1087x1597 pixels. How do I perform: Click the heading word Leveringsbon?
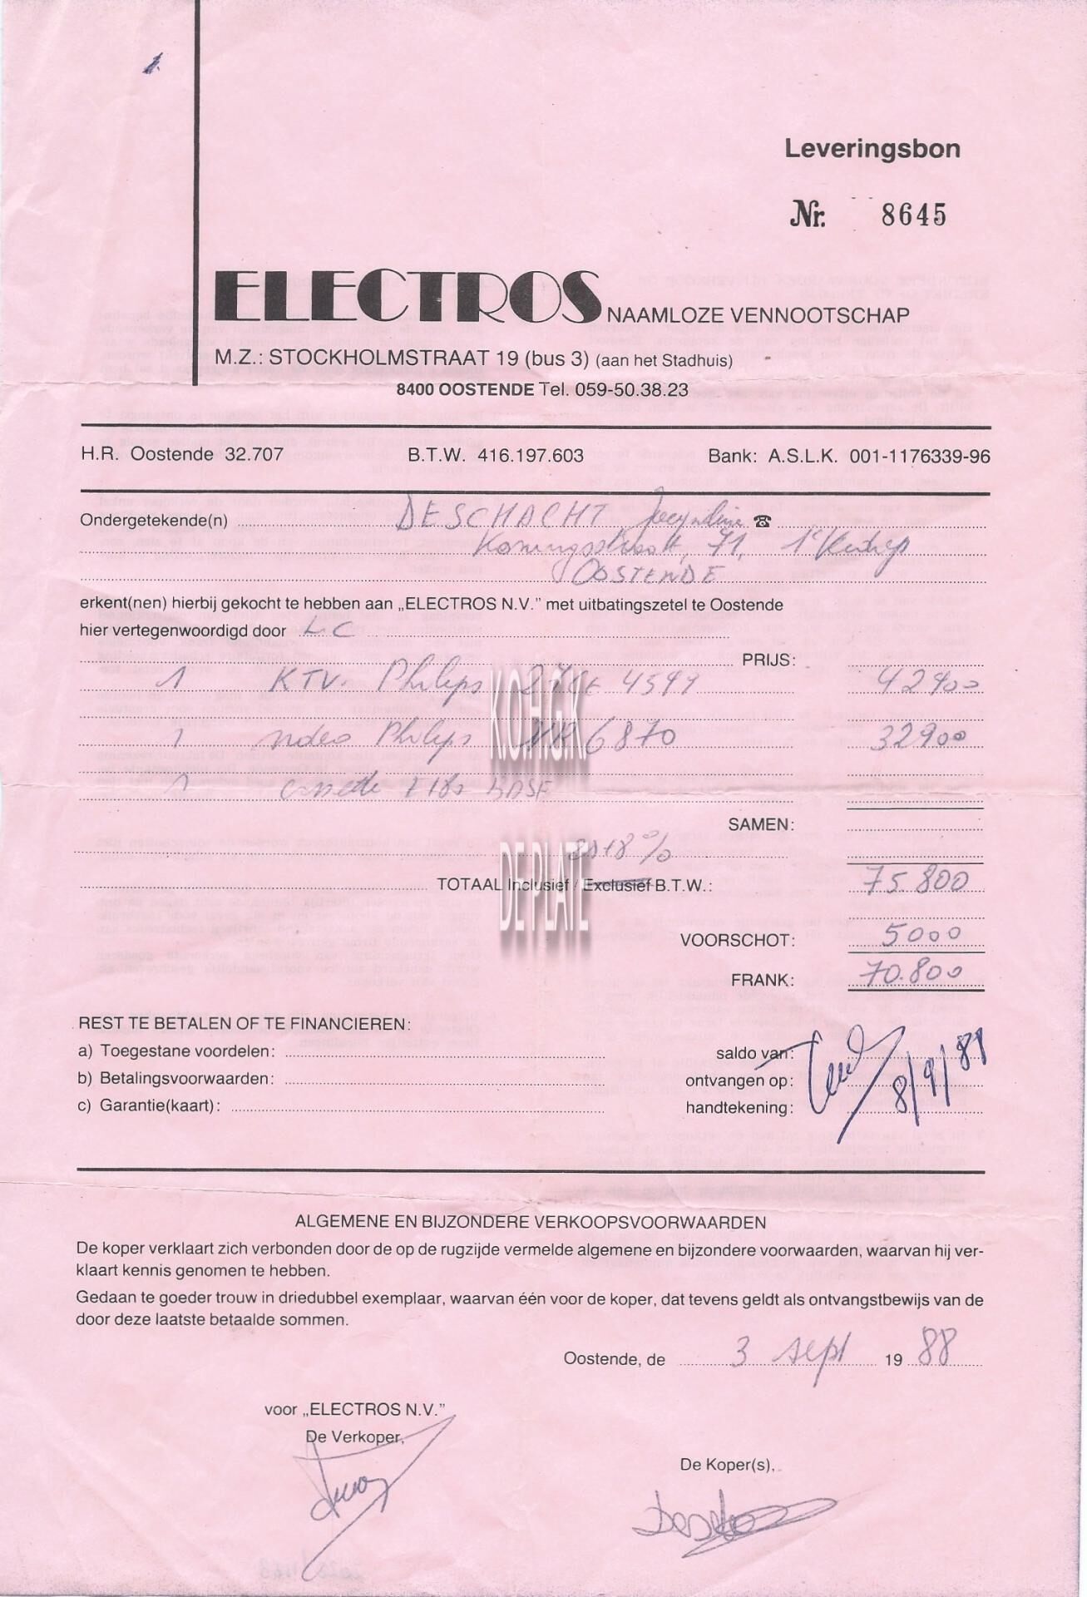click(872, 150)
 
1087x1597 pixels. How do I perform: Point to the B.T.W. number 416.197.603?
click(531, 456)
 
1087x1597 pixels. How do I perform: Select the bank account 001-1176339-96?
click(919, 456)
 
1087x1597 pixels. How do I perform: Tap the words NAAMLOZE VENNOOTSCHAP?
click(758, 314)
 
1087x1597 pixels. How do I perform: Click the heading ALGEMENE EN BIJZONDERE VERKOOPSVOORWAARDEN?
click(531, 1223)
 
